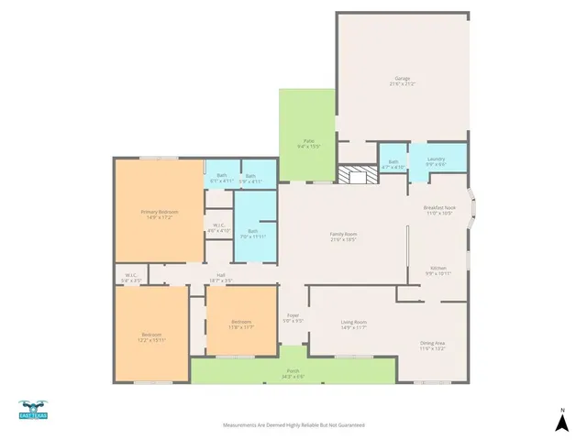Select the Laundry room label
(x=436, y=161)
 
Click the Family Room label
(x=344, y=236)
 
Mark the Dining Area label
(x=432, y=346)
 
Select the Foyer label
(x=293, y=320)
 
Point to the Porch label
(x=293, y=372)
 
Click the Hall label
(x=221, y=277)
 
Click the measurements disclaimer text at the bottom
(x=293, y=425)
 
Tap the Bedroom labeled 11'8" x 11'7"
(x=241, y=324)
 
